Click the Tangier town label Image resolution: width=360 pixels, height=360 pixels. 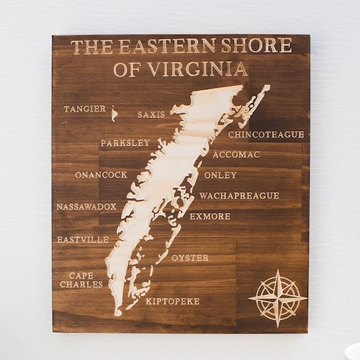[84, 109]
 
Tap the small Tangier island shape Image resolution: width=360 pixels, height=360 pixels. [114, 113]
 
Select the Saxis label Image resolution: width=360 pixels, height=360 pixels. [151, 114]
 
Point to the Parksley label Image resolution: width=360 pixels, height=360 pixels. [125, 143]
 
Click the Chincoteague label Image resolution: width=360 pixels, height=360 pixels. [266, 134]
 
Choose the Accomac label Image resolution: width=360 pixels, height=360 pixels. [236, 154]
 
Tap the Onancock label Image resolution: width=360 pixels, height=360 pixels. [101, 175]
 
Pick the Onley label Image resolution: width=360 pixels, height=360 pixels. [220, 175]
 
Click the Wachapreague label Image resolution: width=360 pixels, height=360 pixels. [239, 195]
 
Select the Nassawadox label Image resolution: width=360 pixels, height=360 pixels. [86, 207]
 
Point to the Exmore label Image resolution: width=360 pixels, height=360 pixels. [210, 216]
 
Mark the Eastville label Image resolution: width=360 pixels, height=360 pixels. [83, 239]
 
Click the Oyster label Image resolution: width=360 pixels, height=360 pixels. [190, 257]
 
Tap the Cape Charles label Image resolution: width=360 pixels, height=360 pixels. [81, 279]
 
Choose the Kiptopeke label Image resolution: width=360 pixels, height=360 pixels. [173, 301]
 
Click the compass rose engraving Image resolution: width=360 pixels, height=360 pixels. [277, 297]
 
